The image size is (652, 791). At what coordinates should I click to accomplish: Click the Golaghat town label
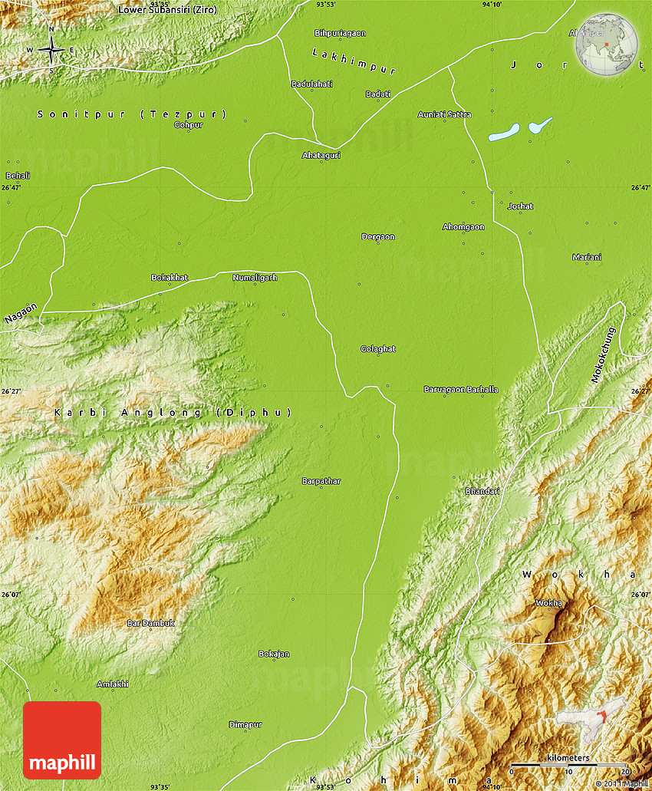378,348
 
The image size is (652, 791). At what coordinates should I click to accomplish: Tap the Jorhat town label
520,206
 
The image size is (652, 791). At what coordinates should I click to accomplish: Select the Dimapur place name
245,724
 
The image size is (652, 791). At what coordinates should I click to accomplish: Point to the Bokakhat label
170,277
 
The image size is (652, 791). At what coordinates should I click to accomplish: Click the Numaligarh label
255,277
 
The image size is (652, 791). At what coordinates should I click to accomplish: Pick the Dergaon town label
378,236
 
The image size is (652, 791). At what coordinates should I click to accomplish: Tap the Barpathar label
321,481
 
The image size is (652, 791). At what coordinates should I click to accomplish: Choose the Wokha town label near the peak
548,602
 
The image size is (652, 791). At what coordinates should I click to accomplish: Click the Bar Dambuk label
150,623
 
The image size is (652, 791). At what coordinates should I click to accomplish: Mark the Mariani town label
587,257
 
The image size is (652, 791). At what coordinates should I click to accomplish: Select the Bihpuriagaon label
340,33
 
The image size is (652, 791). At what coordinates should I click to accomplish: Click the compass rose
51,50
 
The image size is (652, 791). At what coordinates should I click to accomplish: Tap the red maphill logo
62,740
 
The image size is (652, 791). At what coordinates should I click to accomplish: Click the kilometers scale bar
568,763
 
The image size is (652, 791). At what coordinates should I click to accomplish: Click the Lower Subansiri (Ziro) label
167,9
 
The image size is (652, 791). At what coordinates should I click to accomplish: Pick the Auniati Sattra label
444,114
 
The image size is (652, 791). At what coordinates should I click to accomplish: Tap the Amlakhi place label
113,684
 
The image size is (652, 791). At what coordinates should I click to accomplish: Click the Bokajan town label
274,654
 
